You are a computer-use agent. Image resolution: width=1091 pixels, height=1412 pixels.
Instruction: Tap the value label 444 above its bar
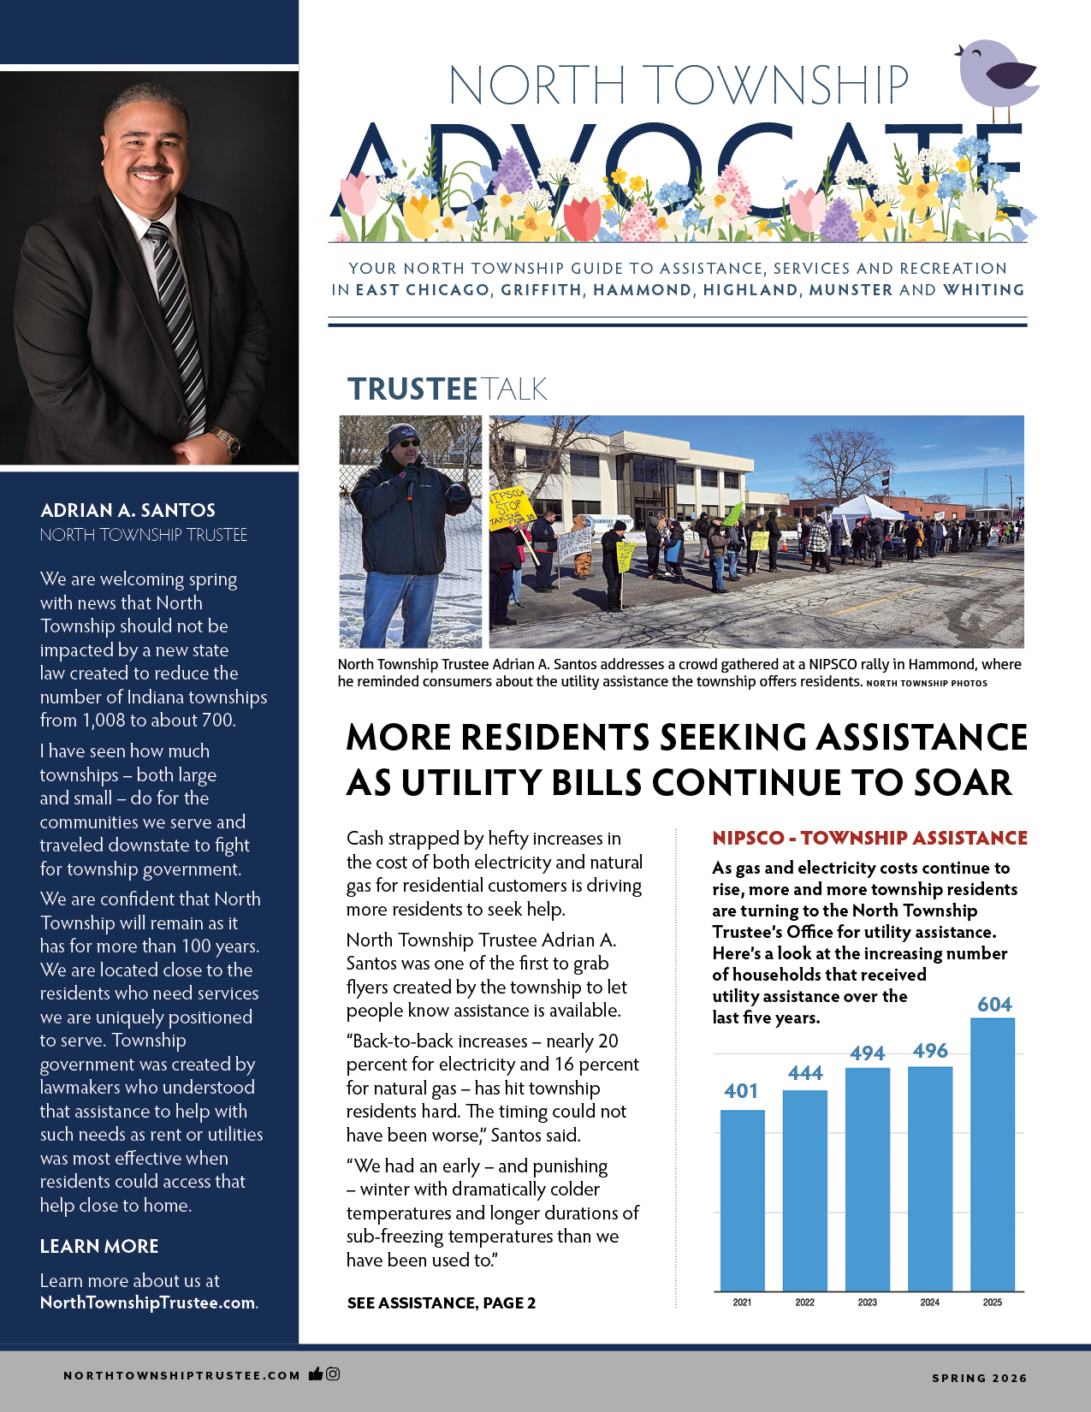805,1073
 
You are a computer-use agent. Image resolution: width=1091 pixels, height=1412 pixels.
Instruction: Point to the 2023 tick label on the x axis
867,1302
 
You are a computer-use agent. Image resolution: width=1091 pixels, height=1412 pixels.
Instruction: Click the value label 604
994,1005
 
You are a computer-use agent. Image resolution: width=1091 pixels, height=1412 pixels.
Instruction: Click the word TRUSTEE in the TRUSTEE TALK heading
412,389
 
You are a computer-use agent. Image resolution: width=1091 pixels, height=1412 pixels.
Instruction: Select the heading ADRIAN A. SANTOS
127,510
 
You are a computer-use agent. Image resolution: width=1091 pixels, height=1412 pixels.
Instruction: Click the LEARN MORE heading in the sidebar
99,1246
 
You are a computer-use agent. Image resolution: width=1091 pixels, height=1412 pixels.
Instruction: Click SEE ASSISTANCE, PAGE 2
441,1302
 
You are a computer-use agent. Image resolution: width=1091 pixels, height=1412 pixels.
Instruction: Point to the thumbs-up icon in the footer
316,1374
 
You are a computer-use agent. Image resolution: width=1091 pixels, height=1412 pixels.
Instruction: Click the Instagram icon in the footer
333,1374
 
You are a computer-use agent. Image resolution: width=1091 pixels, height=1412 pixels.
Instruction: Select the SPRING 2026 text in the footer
979,1378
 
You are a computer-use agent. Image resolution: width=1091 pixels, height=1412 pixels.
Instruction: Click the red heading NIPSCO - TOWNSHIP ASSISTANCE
869,838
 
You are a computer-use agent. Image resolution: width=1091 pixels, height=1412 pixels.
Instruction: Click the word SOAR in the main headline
962,782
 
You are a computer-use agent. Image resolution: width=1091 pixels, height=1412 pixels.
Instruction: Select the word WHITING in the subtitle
983,290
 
